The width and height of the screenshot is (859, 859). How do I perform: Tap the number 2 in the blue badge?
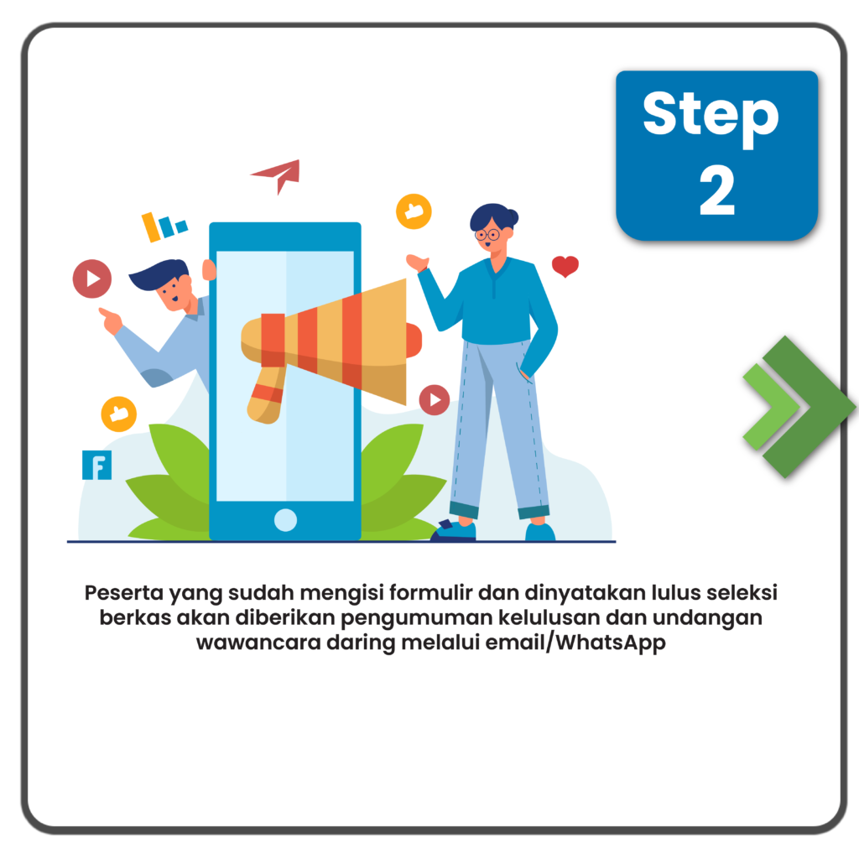pos(717,190)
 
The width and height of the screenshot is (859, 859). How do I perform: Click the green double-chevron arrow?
pos(799,407)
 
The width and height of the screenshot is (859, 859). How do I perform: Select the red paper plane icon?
pos(277,175)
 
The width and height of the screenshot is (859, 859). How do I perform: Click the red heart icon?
pos(565,266)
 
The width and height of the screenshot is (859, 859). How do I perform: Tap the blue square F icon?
pos(97,465)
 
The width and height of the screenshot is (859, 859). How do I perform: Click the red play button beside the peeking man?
pos(92,279)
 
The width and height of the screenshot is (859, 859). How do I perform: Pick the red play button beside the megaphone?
pos(435,400)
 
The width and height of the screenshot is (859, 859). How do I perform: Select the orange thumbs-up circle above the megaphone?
pos(414,211)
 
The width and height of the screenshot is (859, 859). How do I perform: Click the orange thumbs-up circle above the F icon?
pos(119,414)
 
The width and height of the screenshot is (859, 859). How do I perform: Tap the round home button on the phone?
pos(285,520)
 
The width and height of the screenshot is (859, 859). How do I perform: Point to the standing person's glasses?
pos(487,235)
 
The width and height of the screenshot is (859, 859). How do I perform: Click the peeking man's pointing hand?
pos(111,320)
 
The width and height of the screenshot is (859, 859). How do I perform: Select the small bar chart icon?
pos(164,226)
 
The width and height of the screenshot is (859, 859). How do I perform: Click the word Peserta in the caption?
pos(124,593)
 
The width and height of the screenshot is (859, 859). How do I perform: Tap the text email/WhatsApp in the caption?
pos(575,642)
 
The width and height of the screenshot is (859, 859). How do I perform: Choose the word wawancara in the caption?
pos(258,642)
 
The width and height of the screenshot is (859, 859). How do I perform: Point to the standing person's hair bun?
pos(513,216)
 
